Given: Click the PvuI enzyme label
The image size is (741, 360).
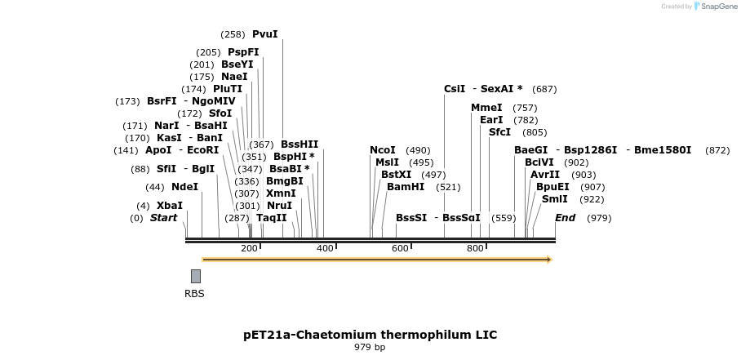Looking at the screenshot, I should click(x=264, y=34).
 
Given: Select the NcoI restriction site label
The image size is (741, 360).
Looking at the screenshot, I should click(x=382, y=150).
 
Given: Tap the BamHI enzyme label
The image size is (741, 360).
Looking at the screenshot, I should click(x=406, y=187).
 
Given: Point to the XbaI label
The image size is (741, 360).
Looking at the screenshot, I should click(x=169, y=206).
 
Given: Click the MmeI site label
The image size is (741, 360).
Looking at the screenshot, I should click(x=486, y=108).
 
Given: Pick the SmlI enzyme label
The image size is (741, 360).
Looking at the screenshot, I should click(x=554, y=199).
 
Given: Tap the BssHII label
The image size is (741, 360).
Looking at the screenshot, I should click(x=300, y=144).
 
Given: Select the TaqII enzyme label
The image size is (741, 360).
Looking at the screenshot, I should click(x=272, y=218).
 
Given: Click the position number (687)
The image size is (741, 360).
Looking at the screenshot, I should click(x=544, y=89).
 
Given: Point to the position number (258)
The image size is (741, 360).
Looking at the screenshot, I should click(x=233, y=34).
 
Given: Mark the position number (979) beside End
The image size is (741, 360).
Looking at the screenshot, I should click(x=599, y=218).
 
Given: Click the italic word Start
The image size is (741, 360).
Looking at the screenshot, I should click(x=163, y=218).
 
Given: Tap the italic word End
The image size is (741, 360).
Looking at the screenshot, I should click(x=565, y=218).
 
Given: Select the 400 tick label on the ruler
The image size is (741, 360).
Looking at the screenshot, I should click(x=325, y=247).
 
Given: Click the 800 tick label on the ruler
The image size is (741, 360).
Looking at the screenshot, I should click(x=475, y=247).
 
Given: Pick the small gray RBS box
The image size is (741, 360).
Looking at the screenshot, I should click(x=196, y=276).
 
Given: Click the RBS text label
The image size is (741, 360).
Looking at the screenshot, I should click(x=194, y=294).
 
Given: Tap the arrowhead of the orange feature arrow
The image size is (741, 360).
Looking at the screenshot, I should click(x=549, y=260).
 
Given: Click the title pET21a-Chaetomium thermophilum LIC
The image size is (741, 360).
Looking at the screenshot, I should click(x=370, y=335).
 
